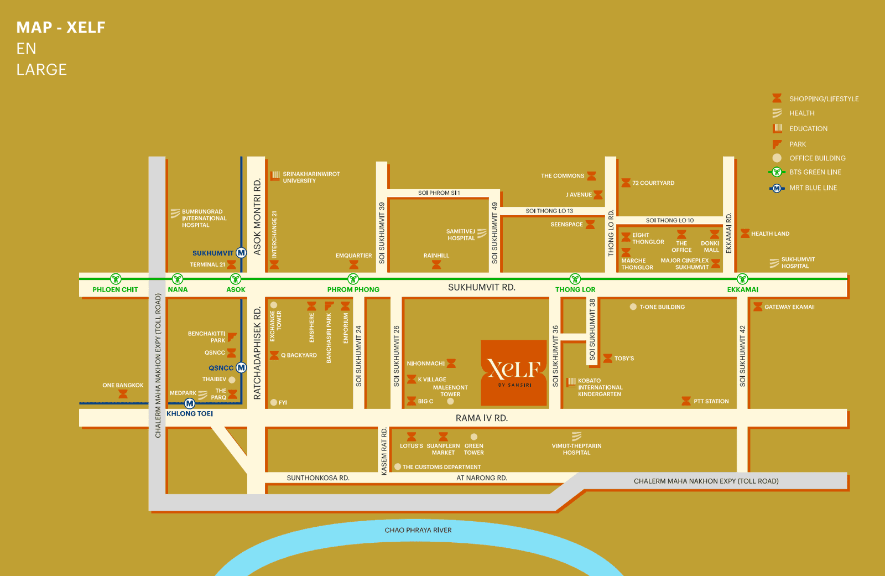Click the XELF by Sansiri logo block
(x=514, y=372)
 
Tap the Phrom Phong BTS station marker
(x=353, y=279)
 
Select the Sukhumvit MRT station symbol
(x=241, y=253)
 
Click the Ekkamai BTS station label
(x=742, y=289)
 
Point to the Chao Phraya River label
(x=418, y=530)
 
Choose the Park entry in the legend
(x=797, y=144)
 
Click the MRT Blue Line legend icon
(x=777, y=188)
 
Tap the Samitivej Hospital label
(x=461, y=235)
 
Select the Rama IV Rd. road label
(x=481, y=418)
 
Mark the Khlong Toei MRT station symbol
(x=190, y=403)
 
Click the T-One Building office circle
(x=633, y=307)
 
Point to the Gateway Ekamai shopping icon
(x=758, y=307)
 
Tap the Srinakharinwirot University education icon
(x=275, y=176)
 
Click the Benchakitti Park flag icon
(x=232, y=336)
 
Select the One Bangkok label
(x=123, y=385)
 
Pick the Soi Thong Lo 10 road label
(x=669, y=220)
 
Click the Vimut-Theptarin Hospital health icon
(x=576, y=437)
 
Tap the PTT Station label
(x=711, y=401)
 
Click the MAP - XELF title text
(x=61, y=28)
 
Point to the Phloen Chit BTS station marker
(x=115, y=279)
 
